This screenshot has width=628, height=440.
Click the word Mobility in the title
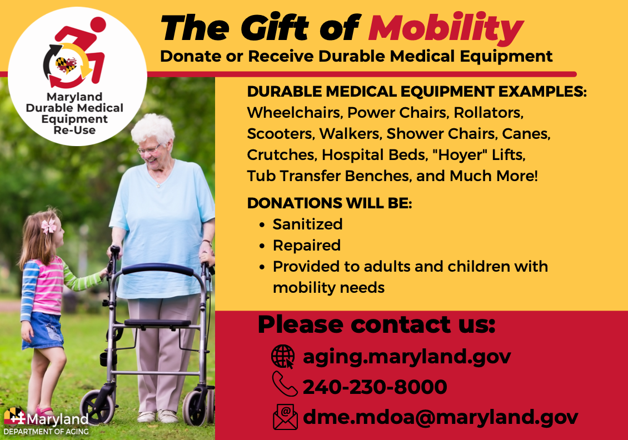[446, 28]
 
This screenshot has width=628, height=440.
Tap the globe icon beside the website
[283, 356]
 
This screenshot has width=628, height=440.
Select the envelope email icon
[285, 417]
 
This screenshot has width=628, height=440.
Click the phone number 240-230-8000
[375, 387]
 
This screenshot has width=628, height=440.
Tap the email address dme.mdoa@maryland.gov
[440, 417]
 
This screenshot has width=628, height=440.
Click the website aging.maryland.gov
[406, 356]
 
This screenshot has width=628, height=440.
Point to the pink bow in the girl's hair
[49, 226]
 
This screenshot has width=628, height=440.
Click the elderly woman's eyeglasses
[148, 149]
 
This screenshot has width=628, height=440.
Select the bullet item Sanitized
[307, 224]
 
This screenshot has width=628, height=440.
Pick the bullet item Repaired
[306, 245]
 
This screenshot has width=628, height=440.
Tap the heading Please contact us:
[376, 324]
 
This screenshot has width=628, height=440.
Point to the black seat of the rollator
[157, 323]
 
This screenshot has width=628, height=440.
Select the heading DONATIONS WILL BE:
[330, 203]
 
